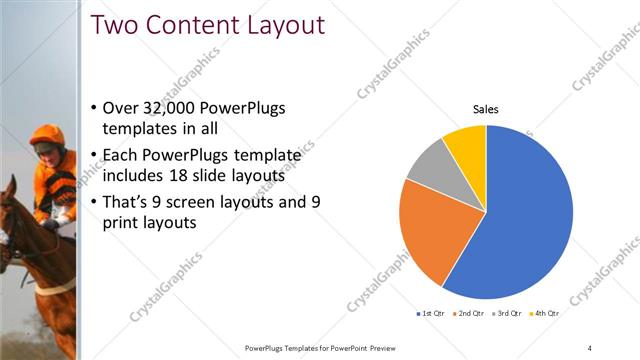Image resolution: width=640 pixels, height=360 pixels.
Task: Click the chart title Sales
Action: coord(486,110)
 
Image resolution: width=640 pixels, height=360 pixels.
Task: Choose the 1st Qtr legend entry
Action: coord(433,314)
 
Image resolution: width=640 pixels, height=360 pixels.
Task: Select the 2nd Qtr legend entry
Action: coord(472,314)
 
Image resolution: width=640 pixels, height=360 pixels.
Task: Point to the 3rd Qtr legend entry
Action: coord(509,314)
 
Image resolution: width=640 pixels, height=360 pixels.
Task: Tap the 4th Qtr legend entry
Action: coord(545,314)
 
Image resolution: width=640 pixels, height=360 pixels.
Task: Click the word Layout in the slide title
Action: coord(288,24)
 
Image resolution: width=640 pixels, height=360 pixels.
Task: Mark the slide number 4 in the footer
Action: coord(590,347)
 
